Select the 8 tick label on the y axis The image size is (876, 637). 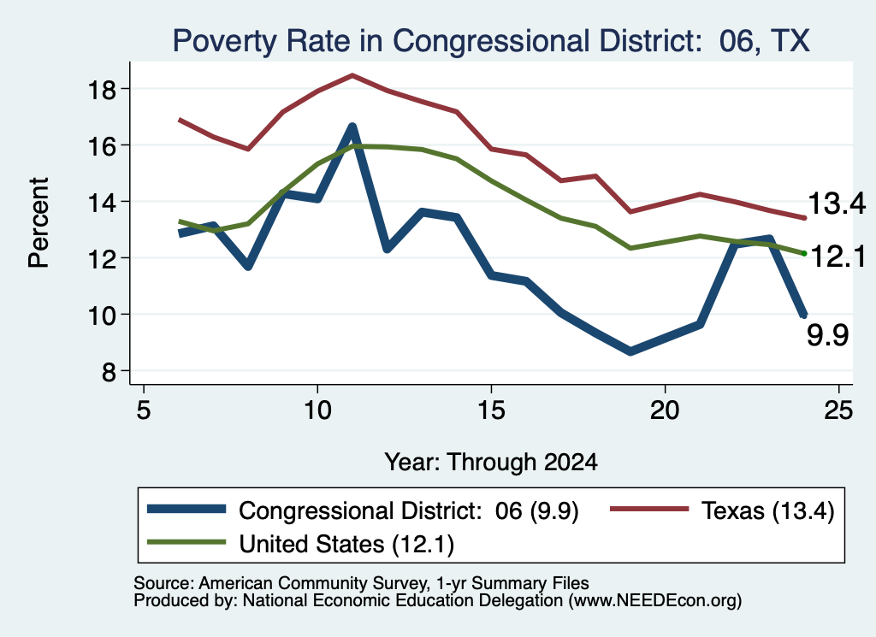[109, 371]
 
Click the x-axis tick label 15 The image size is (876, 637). [491, 411]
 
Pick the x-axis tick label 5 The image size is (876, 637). [144, 411]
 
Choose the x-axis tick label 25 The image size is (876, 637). [838, 411]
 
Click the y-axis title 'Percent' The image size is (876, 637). [38, 223]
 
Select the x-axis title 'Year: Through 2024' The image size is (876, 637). [491, 463]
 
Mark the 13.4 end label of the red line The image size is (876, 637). [837, 203]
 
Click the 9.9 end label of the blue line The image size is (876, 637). [827, 335]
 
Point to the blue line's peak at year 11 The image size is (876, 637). [352, 127]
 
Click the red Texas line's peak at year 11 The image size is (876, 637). [352, 74]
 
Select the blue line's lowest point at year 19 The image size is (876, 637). [630, 351]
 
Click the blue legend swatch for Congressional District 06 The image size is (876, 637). [186, 509]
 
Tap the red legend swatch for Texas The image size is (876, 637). [649, 509]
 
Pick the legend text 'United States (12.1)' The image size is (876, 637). [346, 545]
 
